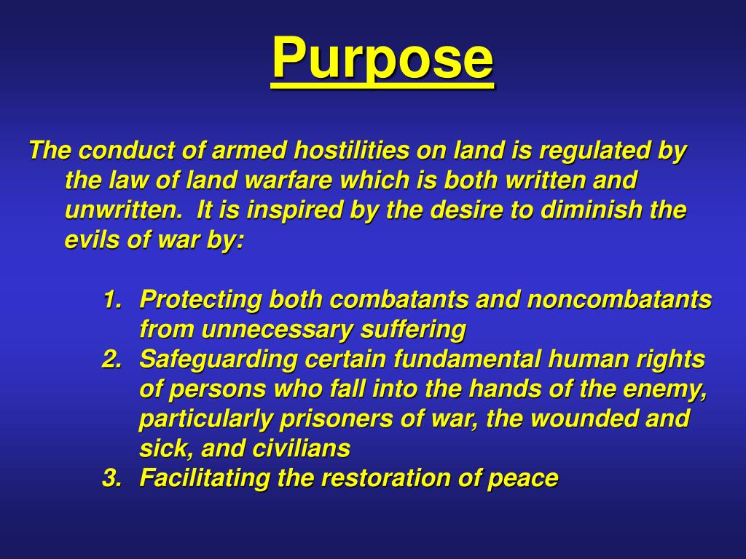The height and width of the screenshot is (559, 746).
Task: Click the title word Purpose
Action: click(382, 60)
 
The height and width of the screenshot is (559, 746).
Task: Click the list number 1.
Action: click(111, 300)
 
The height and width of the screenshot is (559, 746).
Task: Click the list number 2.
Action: click(111, 360)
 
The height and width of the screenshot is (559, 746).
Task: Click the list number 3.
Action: click(111, 479)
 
